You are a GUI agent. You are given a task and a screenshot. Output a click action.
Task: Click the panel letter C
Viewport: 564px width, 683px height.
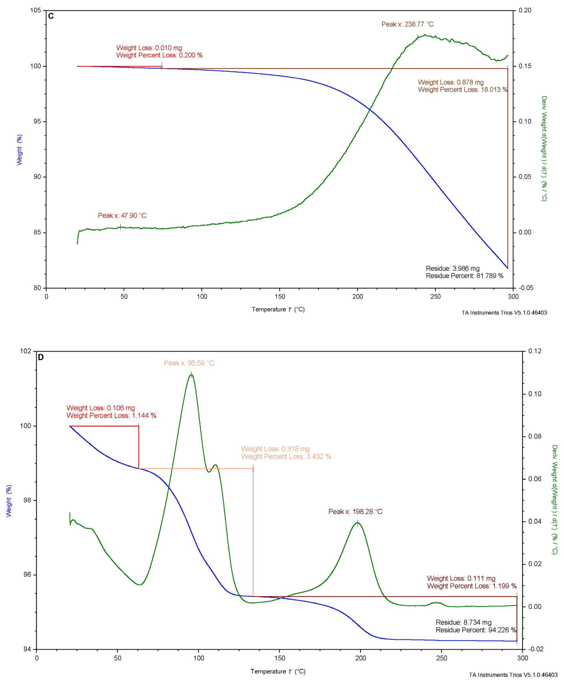point(51,16)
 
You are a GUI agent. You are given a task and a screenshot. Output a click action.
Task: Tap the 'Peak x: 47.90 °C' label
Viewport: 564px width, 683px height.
point(122,216)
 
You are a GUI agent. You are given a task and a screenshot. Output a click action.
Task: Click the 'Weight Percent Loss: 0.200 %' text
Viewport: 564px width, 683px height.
point(159,55)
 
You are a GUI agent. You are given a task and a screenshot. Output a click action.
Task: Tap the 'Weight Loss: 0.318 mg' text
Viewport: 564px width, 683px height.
point(275,449)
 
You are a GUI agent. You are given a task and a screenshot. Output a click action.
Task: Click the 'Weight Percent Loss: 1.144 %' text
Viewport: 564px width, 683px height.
point(111,415)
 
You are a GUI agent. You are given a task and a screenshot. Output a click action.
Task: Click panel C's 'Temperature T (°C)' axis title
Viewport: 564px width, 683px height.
point(278,309)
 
